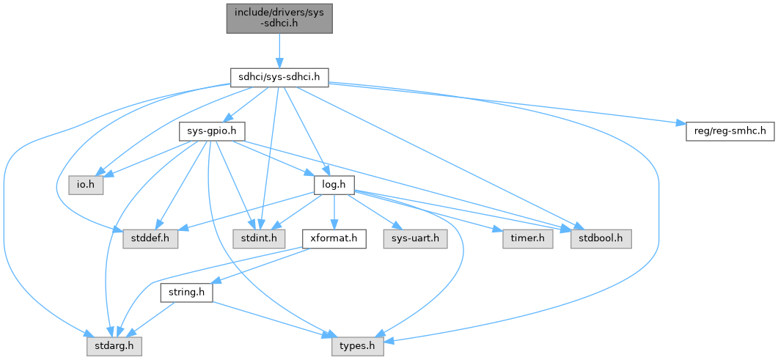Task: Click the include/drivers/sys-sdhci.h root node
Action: pyautogui.click(x=279, y=17)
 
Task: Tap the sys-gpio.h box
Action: pyautogui.click(x=211, y=131)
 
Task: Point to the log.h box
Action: pyautogui.click(x=334, y=184)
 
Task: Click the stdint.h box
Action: pyautogui.click(x=256, y=238)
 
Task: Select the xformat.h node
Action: pyautogui.click(x=334, y=238)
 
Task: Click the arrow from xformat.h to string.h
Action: pyautogui.click(x=257, y=266)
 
